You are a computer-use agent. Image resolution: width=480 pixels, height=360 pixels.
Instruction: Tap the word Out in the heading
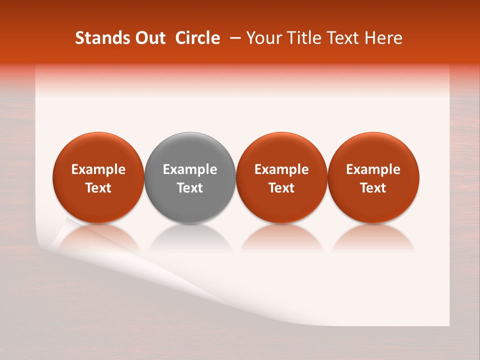click(x=149, y=38)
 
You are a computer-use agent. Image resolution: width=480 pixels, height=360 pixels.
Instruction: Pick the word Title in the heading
click(x=301, y=38)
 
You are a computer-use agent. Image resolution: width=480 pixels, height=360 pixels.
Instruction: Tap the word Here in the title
click(x=383, y=38)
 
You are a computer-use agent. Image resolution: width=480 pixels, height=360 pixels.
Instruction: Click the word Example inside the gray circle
click(x=190, y=169)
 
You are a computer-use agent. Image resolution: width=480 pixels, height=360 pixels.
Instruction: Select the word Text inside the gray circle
click(x=190, y=188)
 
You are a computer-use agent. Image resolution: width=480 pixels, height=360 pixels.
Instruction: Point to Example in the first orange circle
click(x=98, y=169)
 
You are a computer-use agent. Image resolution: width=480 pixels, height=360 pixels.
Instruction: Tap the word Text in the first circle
click(x=98, y=188)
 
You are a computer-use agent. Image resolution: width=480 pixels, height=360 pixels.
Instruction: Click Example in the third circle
click(x=281, y=169)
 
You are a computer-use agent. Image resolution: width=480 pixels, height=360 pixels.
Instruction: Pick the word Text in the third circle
click(x=281, y=188)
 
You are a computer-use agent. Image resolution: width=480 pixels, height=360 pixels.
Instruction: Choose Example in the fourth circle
click(x=373, y=169)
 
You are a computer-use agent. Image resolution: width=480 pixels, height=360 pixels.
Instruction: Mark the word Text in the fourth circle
click(x=373, y=188)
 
